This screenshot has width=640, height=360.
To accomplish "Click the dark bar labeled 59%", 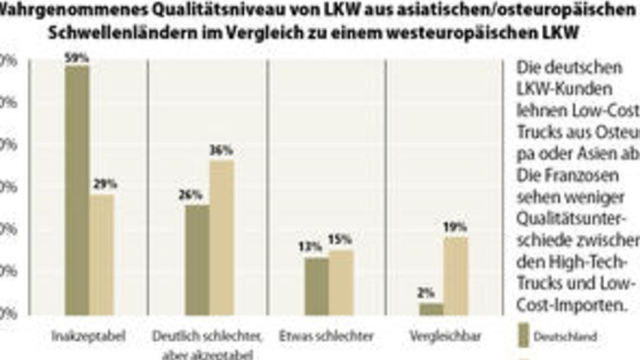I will [77, 189].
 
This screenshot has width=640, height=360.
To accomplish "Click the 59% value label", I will [78, 57].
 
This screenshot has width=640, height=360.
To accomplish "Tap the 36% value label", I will [221, 151].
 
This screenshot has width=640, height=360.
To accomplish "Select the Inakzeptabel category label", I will [90, 336].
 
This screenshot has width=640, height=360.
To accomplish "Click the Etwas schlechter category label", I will [327, 336].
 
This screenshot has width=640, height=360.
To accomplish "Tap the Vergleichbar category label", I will [444, 336].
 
